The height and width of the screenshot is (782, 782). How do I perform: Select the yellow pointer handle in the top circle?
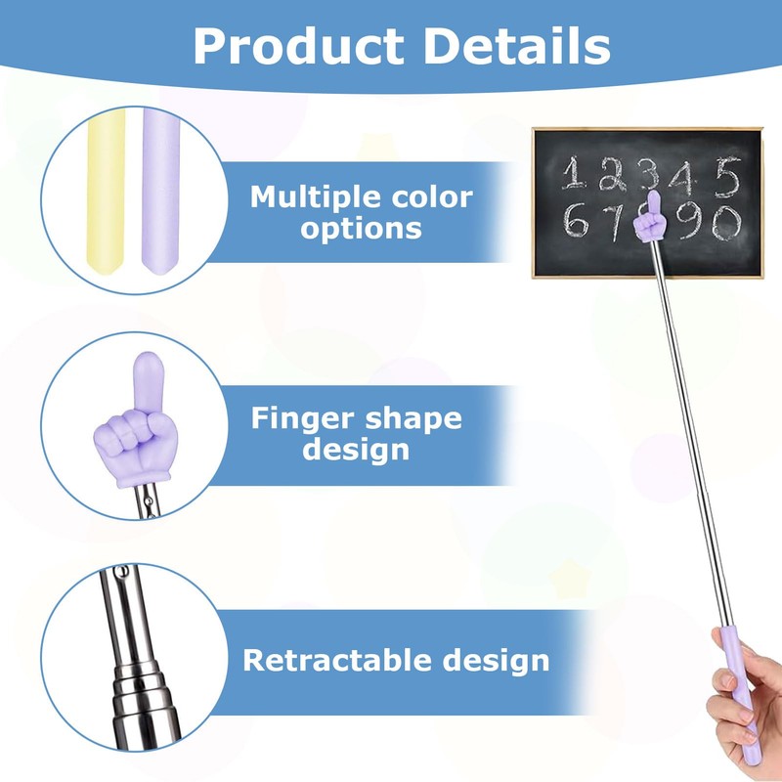pos(107,191)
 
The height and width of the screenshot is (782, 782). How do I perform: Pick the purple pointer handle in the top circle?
pos(159,191)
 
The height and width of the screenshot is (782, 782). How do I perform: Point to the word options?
pos(362,229)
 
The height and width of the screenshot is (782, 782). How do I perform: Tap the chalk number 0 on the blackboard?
pos(724,224)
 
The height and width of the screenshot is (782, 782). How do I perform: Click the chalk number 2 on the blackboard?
pos(614,175)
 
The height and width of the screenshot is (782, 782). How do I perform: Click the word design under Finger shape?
pos(356,450)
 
